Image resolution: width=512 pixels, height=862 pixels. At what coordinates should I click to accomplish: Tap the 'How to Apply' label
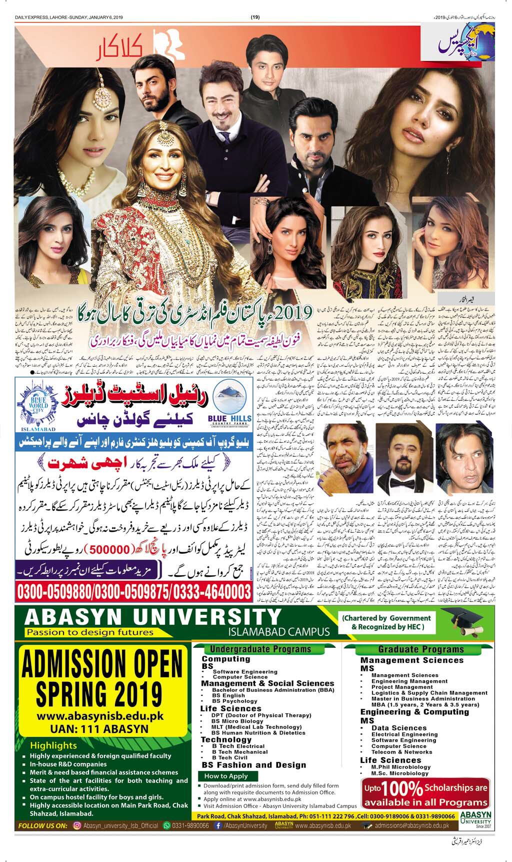point(226,776)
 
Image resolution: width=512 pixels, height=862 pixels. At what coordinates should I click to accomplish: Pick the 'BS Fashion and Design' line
point(254,765)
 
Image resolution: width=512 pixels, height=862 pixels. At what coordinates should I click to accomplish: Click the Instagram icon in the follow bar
point(77,825)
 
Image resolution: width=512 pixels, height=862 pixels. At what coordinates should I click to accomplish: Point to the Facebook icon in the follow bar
point(218,825)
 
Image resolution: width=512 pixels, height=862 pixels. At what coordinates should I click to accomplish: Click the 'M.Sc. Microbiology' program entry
point(400,773)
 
